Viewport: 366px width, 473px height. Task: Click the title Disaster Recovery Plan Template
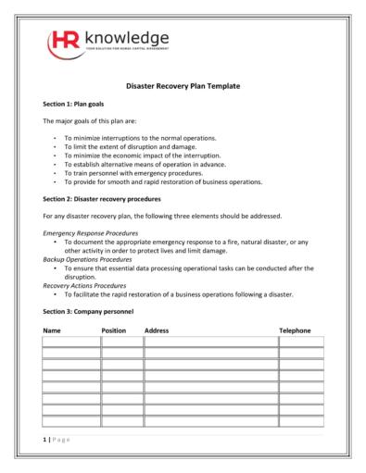(183, 86)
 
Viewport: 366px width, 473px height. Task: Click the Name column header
(52, 330)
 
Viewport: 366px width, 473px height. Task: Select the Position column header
(113, 330)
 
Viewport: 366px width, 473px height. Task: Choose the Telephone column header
(296, 330)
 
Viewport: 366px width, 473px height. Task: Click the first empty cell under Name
(70, 342)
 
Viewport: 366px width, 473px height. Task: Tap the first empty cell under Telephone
(301, 342)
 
